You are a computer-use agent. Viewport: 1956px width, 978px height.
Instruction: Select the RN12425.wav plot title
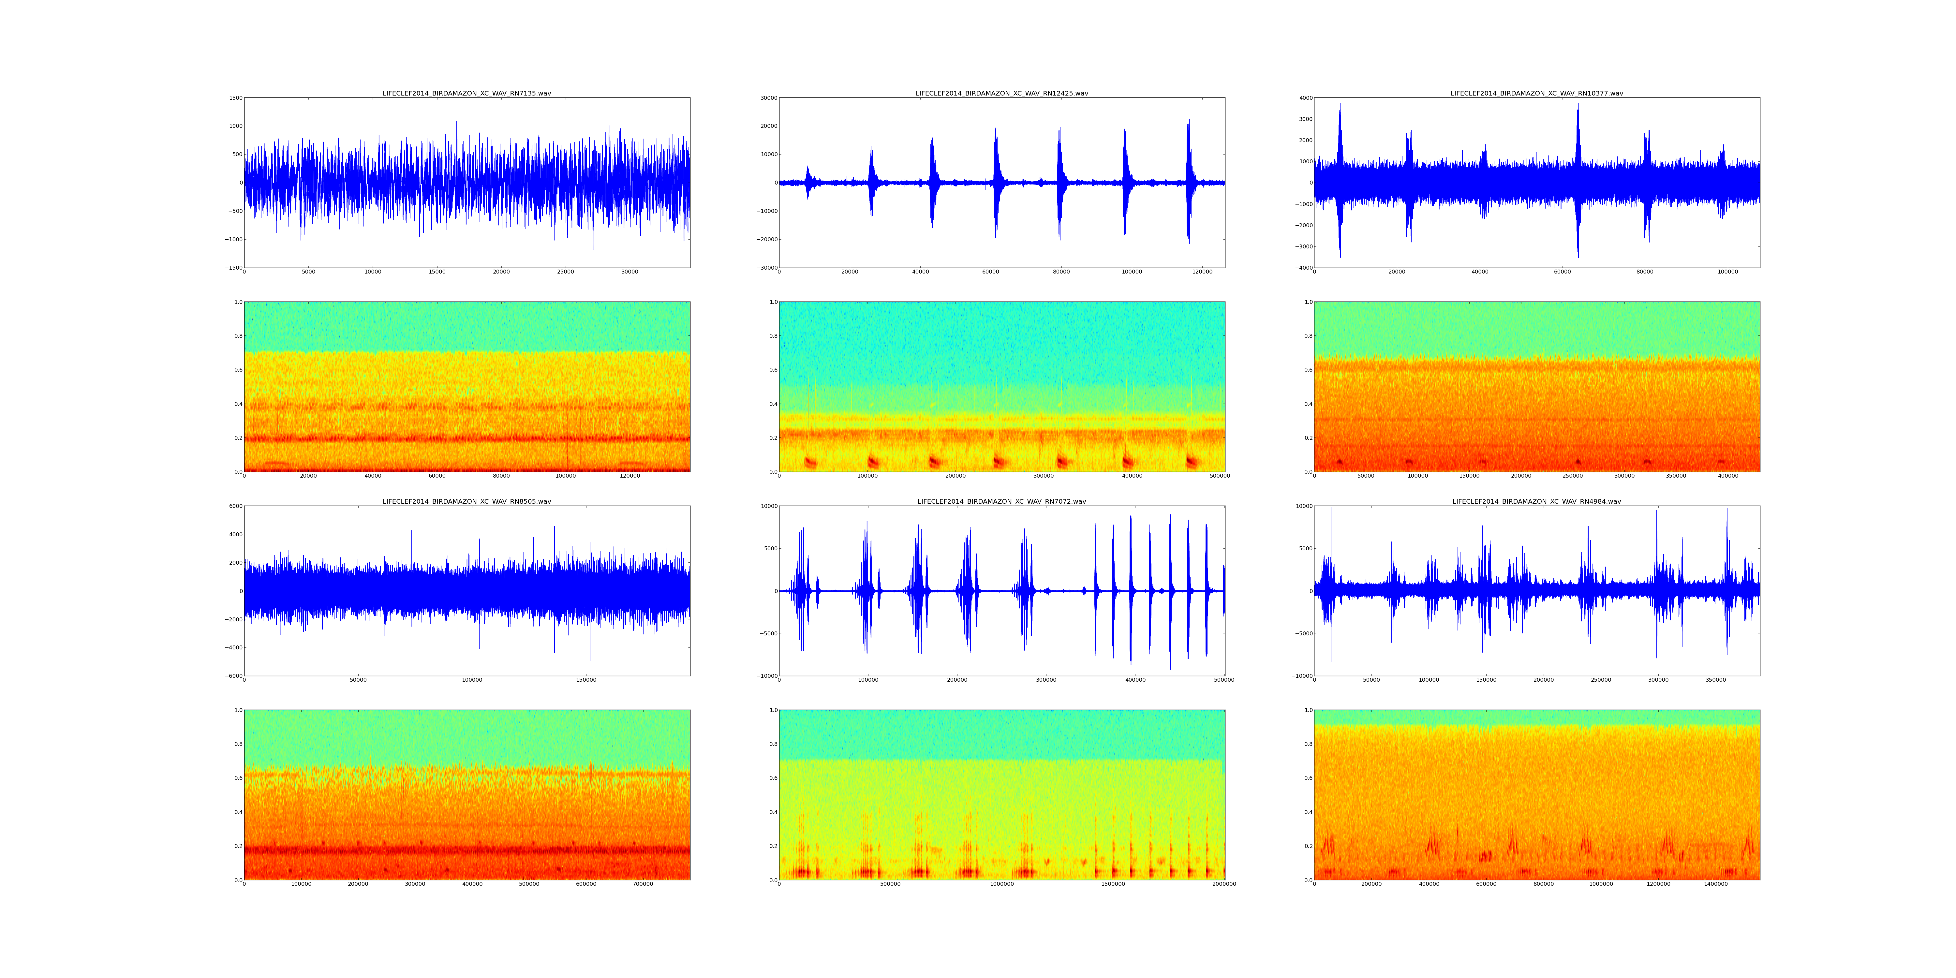[x=1001, y=93]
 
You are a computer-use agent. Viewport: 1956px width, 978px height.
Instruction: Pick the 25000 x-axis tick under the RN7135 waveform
[x=566, y=272]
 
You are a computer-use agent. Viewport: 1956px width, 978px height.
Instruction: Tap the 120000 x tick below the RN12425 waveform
[x=1202, y=272]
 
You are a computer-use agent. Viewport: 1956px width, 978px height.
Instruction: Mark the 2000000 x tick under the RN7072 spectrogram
[x=1224, y=884]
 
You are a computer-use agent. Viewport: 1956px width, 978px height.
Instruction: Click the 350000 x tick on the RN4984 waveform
[x=1715, y=680]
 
